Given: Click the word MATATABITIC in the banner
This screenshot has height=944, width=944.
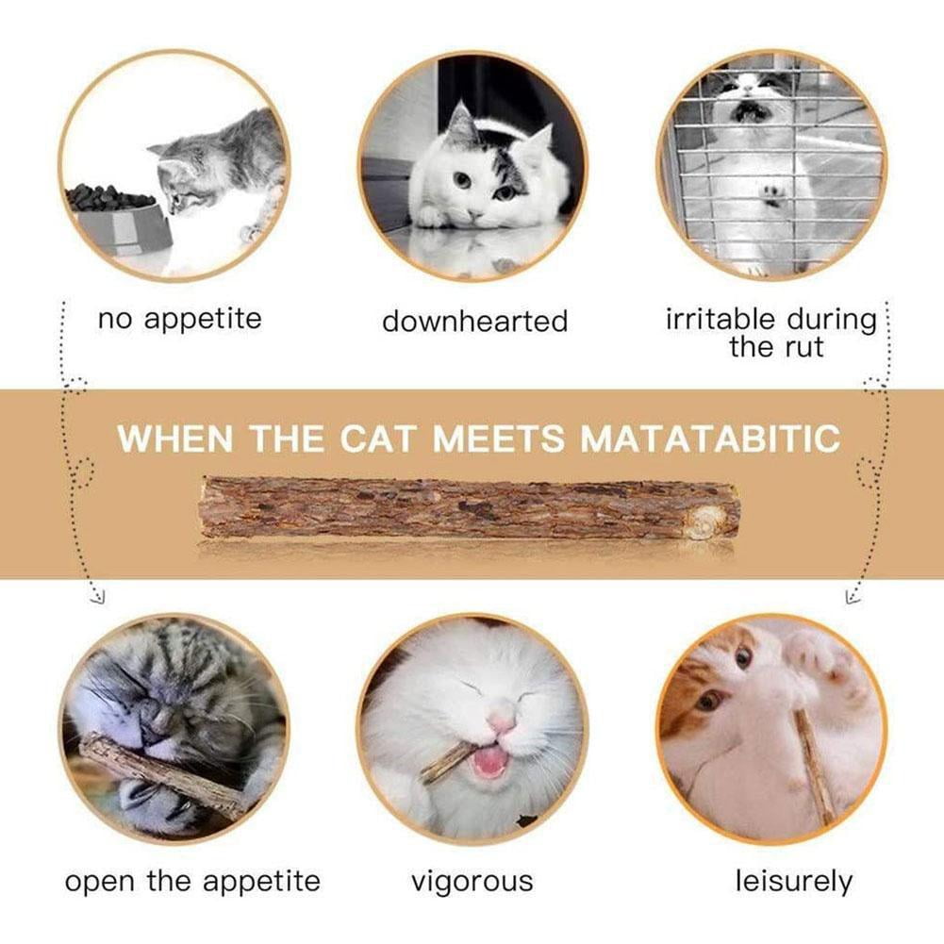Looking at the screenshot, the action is pyautogui.click(x=710, y=439).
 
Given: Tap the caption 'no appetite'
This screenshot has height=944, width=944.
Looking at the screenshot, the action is pyautogui.click(x=180, y=320).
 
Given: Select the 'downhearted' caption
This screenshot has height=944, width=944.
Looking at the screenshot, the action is pyautogui.click(x=475, y=321).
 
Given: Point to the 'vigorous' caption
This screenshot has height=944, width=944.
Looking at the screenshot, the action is pyautogui.click(x=472, y=883).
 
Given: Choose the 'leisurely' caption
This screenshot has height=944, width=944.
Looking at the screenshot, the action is pyautogui.click(x=794, y=882).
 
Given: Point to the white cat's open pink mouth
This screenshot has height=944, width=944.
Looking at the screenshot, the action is pyautogui.click(x=491, y=763).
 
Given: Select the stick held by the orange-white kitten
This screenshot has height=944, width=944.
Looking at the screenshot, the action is pyautogui.click(x=816, y=766).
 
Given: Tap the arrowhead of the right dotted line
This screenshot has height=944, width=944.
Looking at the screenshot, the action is pyautogui.click(x=853, y=597).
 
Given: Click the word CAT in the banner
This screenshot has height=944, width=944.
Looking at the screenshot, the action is pyautogui.click(x=377, y=439).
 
